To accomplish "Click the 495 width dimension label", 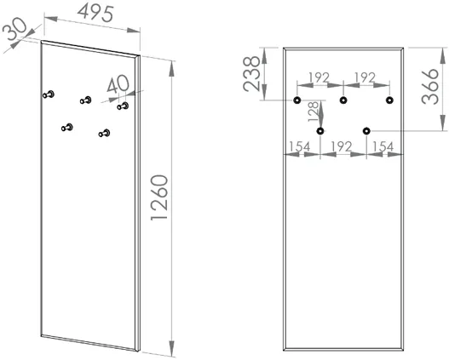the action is (x=96, y=14).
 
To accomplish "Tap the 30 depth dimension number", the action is (x=15, y=31).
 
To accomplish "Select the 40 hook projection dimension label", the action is (x=118, y=84).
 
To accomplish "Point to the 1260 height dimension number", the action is (x=159, y=197).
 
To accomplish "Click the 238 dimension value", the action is (x=251, y=73).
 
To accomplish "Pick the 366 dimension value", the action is (x=430, y=86).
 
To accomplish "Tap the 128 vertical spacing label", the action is (x=314, y=111).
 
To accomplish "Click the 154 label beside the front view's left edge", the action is (x=299, y=146).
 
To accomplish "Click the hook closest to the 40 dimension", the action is (x=123, y=106).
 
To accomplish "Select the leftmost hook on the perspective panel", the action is (x=49, y=94).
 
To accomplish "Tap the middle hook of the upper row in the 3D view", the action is (x=85, y=100).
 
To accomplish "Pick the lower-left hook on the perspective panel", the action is (x=67, y=128).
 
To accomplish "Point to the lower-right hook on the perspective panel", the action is (x=104, y=134).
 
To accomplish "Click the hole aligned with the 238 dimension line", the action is (x=297, y=100).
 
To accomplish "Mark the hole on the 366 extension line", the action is (x=366, y=131).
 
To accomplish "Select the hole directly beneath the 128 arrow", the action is (x=320, y=131).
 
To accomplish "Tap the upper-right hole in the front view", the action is (x=389, y=100).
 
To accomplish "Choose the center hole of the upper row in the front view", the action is (x=343, y=100).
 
